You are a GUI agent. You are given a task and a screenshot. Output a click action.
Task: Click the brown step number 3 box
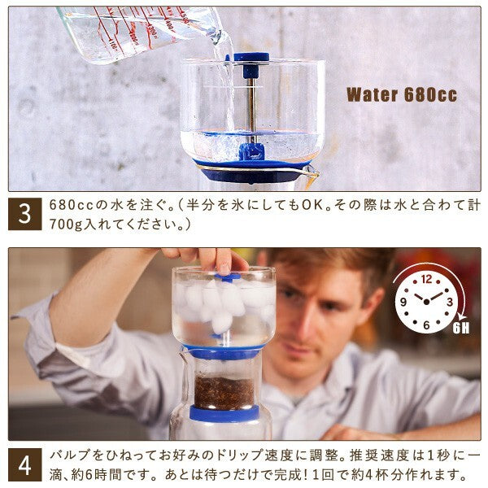pyautogui.click(x=25, y=214)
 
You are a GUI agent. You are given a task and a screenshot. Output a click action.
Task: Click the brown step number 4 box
pyautogui.click(x=25, y=464)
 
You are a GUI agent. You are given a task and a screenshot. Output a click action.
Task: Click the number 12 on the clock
pyautogui.click(x=427, y=279)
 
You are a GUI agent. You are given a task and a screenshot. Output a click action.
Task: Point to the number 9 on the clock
pyautogui.click(x=403, y=302)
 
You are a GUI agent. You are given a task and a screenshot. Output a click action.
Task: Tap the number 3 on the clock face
pyautogui.click(x=450, y=302)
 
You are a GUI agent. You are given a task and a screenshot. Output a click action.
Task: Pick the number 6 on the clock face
pyautogui.click(x=426, y=325)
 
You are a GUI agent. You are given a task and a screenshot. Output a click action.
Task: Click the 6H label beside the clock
pyautogui.click(x=461, y=329)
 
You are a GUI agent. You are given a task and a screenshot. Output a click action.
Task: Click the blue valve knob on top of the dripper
pyautogui.click(x=251, y=57)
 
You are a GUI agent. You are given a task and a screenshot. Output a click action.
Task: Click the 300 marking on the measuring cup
pyautogui.click(x=152, y=31)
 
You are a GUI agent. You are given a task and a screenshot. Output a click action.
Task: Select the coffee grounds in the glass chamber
pyautogui.click(x=224, y=393)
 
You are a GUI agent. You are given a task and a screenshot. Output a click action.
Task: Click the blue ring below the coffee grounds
pyautogui.click(x=224, y=413)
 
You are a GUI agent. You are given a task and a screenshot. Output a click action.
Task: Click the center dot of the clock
pyautogui.click(x=426, y=302)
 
